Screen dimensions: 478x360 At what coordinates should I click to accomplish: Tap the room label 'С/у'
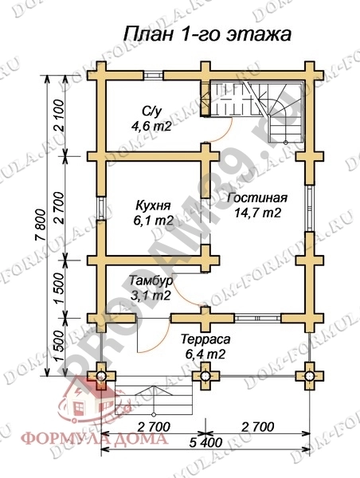coord(151,111)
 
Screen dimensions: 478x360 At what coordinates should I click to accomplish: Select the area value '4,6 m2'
coord(151,125)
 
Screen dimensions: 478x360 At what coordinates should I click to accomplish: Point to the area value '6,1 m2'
coord(152,219)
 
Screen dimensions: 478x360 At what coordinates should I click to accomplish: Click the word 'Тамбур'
coord(150,281)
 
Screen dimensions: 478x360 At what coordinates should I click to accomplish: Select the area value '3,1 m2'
coord(151,296)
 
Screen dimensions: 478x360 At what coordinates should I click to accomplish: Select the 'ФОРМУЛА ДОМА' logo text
coord(94,437)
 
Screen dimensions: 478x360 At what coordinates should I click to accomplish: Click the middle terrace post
coord(206,374)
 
